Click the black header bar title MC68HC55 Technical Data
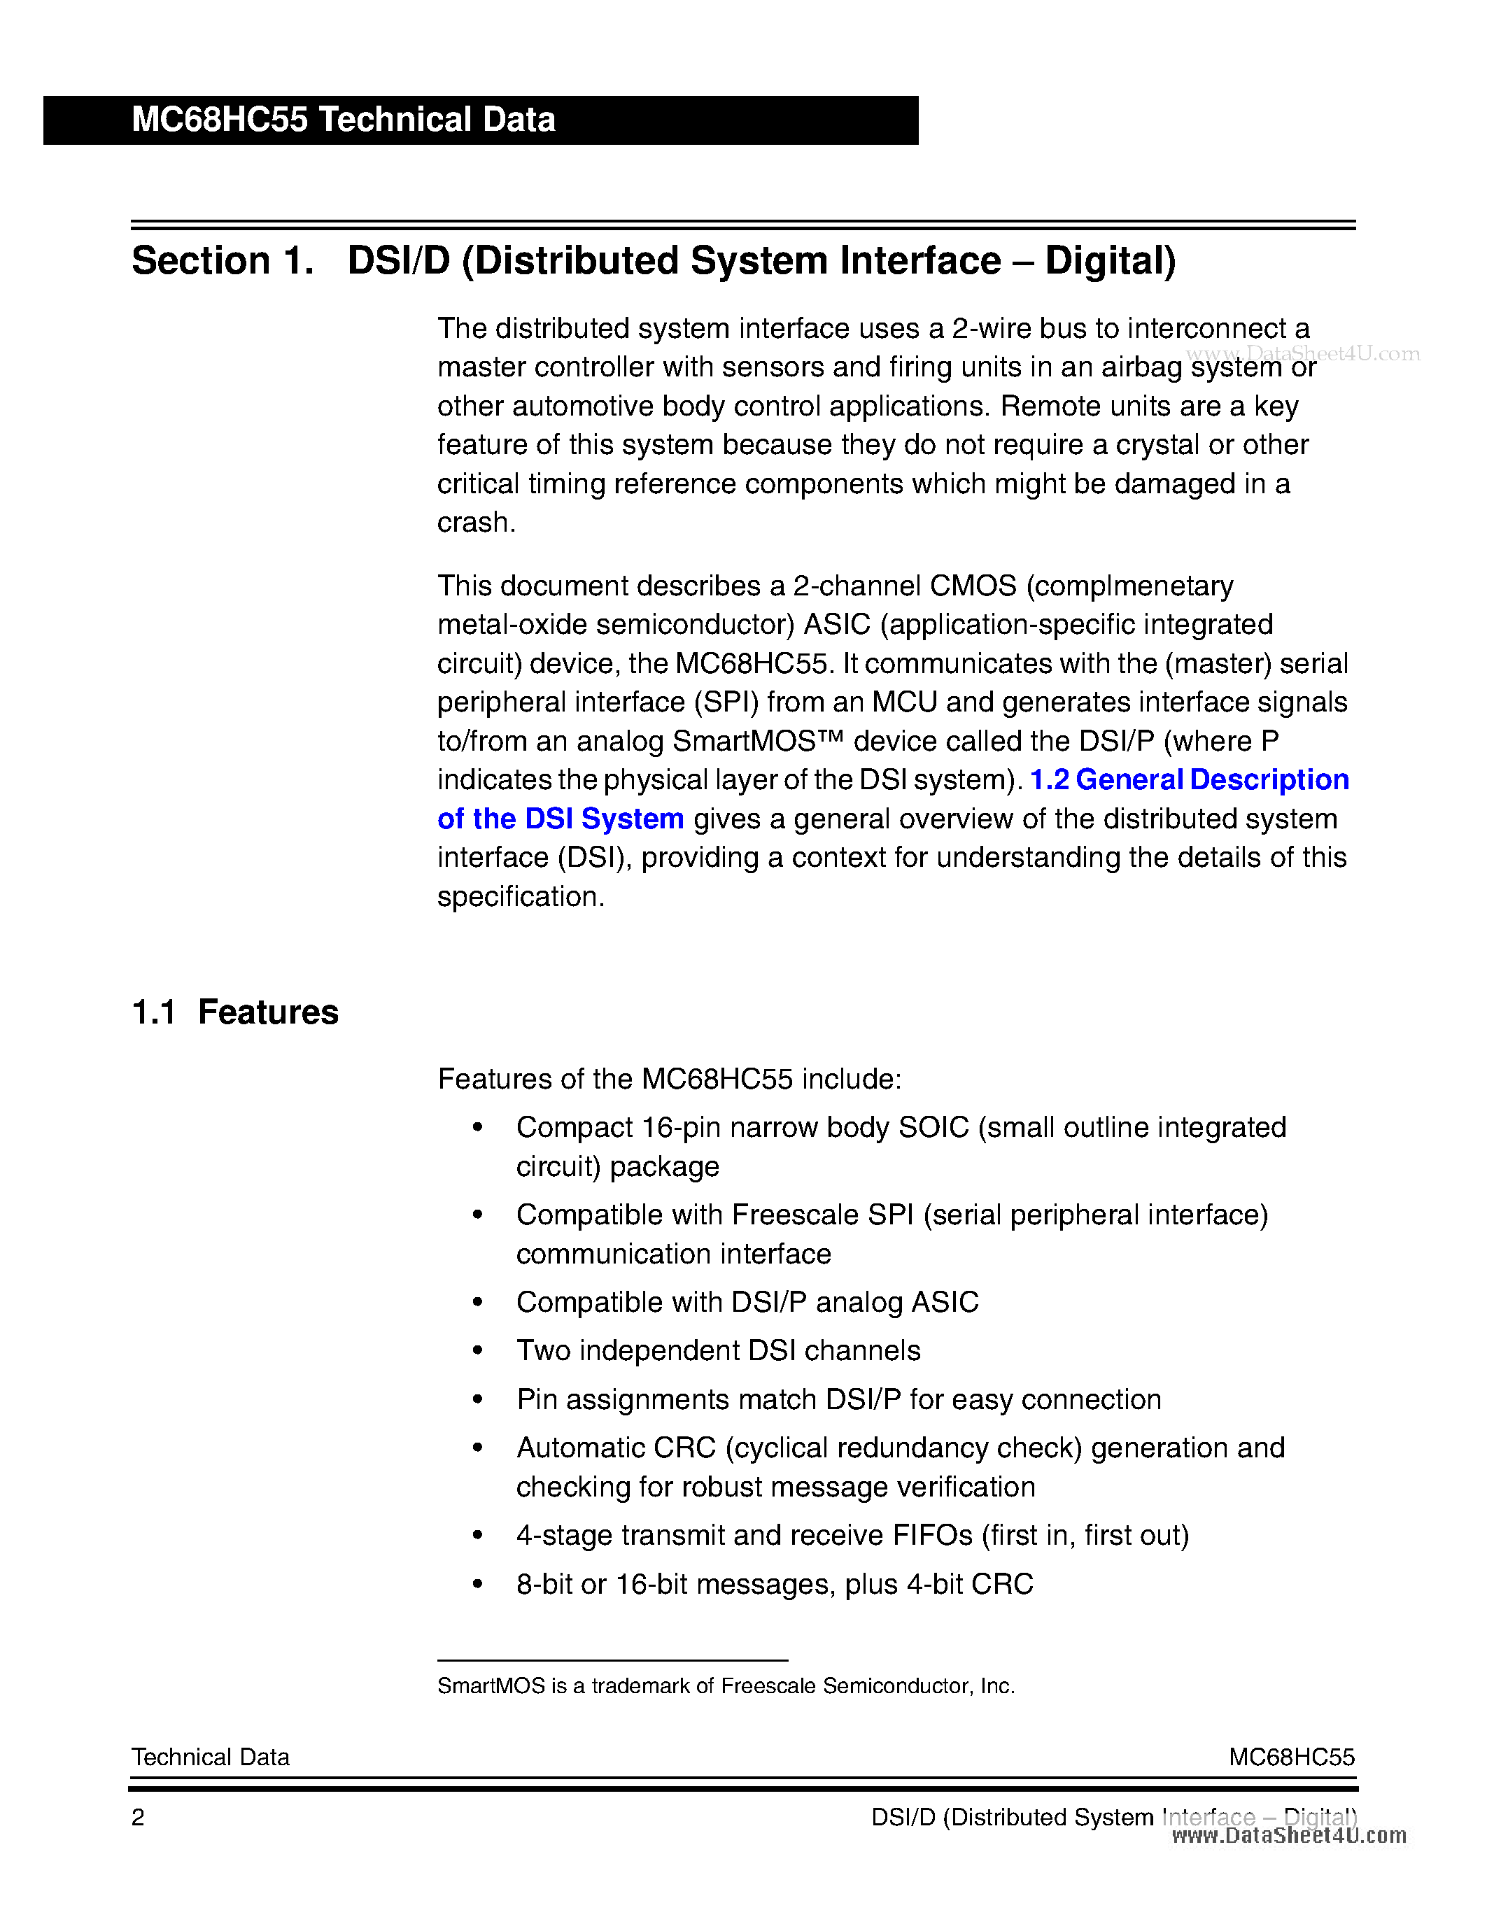pyautogui.click(x=343, y=120)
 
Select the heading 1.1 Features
pyautogui.click(x=234, y=1012)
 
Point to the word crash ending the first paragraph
pyautogui.click(x=474, y=523)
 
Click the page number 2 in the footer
pyautogui.click(x=137, y=1818)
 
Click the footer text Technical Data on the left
pyautogui.click(x=210, y=1757)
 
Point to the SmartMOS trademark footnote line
pyautogui.click(x=725, y=1685)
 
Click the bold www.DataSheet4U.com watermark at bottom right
pyautogui.click(x=1289, y=1835)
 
